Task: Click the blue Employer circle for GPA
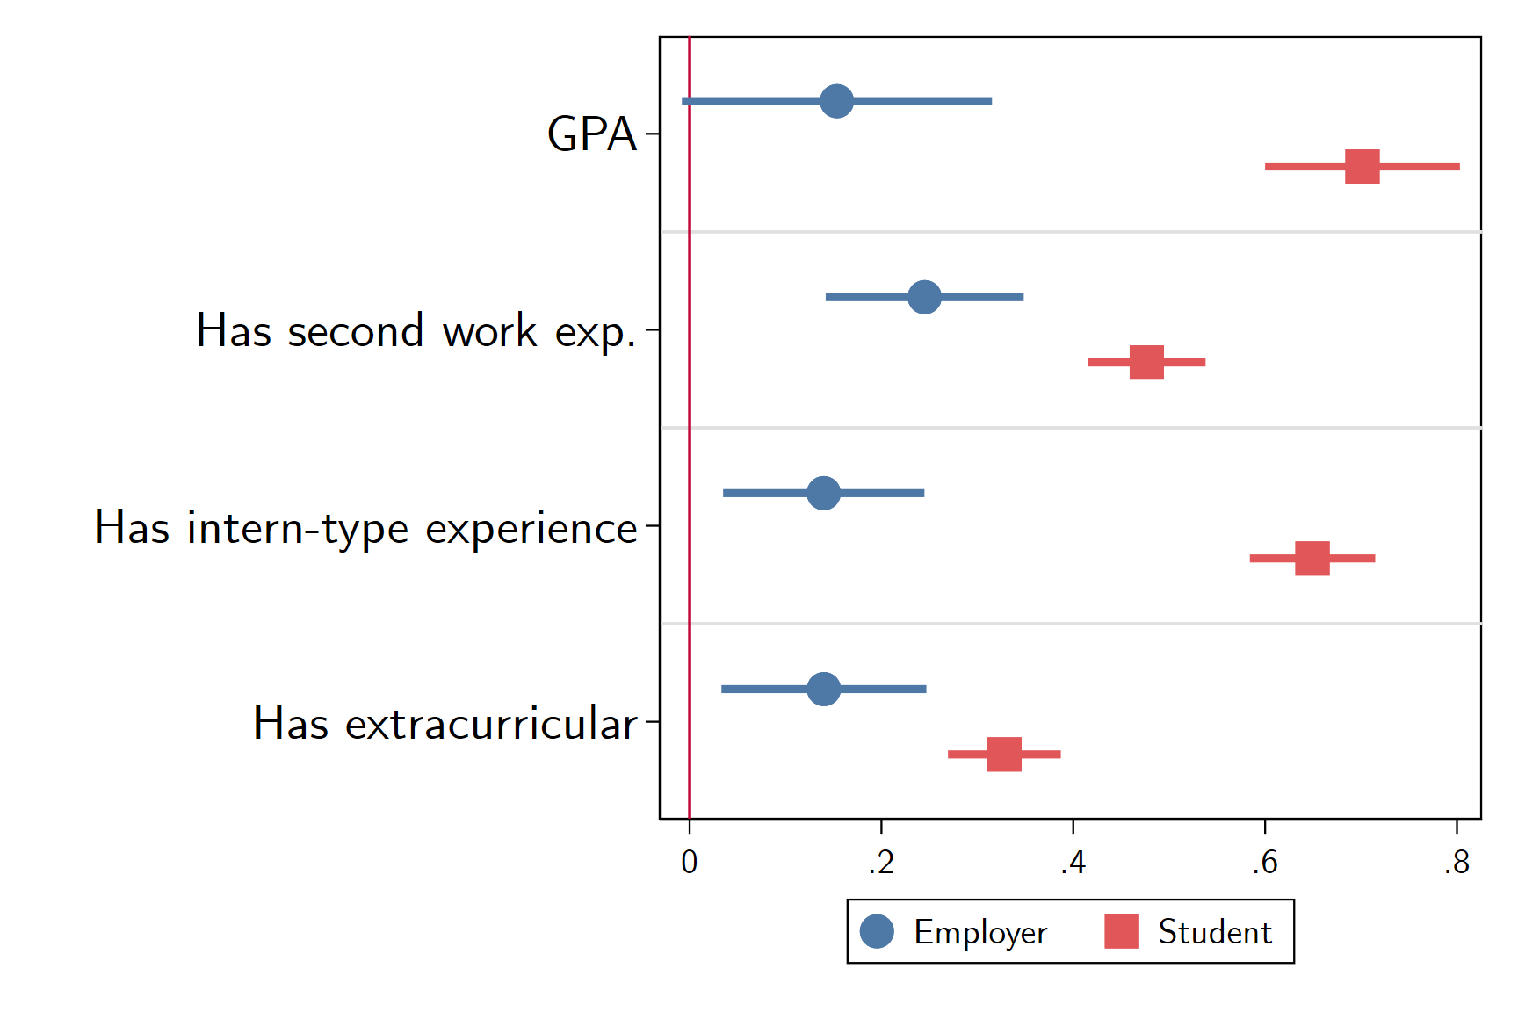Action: coord(836,101)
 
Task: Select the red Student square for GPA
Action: coord(1362,166)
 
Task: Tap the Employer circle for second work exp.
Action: coord(924,297)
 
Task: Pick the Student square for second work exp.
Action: coord(1146,362)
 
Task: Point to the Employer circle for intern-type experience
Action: coord(823,493)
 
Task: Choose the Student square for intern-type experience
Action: coord(1312,558)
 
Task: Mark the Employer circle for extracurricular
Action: coord(823,689)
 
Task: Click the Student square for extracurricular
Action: coord(1004,754)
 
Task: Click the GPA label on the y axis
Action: coord(591,134)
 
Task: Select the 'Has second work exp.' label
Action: coord(416,331)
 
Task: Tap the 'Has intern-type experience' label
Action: coord(365,528)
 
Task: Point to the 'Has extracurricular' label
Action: coord(445,724)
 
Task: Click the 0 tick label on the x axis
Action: coord(690,863)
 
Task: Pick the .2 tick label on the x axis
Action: coord(881,863)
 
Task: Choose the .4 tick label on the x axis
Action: coord(1073,863)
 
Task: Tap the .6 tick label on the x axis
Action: coord(1264,863)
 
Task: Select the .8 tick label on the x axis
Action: coord(1457,863)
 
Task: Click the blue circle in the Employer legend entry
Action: coord(877,931)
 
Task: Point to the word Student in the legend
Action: coord(1215,931)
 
